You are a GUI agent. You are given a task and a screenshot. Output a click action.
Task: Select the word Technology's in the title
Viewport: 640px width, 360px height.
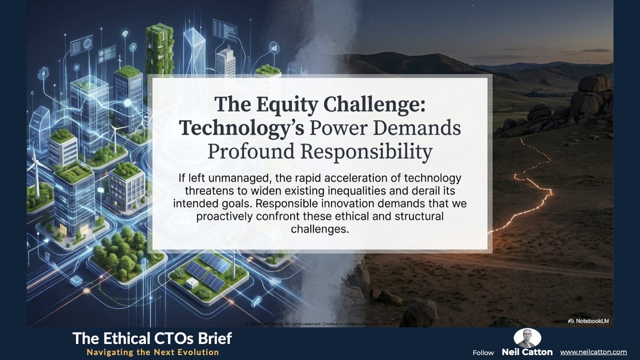pyautogui.click(x=242, y=129)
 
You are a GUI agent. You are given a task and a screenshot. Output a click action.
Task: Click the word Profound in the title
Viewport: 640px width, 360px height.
pyautogui.click(x=251, y=152)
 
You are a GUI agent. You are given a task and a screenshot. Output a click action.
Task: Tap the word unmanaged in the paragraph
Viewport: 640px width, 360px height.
pyautogui.click(x=240, y=178)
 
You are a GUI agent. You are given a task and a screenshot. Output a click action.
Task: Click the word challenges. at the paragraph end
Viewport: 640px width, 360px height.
pyautogui.click(x=320, y=229)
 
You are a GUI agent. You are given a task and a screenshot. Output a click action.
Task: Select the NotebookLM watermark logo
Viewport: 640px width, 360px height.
pyautogui.click(x=588, y=321)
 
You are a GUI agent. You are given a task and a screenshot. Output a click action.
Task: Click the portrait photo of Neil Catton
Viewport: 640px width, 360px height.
pyautogui.click(x=527, y=338)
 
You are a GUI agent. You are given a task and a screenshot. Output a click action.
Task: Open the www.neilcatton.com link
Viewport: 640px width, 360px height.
pyautogui.click(x=593, y=352)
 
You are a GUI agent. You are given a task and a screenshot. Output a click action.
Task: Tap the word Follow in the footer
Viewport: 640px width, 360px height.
pyautogui.click(x=483, y=353)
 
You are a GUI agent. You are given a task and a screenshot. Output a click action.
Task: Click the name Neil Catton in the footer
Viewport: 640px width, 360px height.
pyautogui.click(x=527, y=352)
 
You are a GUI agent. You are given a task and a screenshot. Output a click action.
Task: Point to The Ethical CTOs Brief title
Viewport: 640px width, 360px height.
pyautogui.click(x=152, y=339)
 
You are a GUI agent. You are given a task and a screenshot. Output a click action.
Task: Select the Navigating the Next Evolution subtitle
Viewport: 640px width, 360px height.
pyautogui.click(x=153, y=352)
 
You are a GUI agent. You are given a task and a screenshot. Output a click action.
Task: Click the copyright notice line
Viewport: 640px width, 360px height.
pyautogui.click(x=320, y=324)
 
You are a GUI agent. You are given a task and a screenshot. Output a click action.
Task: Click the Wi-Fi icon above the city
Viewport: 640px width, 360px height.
pyautogui.click(x=125, y=34)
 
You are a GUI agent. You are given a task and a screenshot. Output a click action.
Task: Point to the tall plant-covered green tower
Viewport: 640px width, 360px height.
pyautogui.click(x=160, y=50)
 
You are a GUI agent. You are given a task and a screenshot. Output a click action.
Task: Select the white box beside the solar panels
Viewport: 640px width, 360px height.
pyautogui.click(x=192, y=283)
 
